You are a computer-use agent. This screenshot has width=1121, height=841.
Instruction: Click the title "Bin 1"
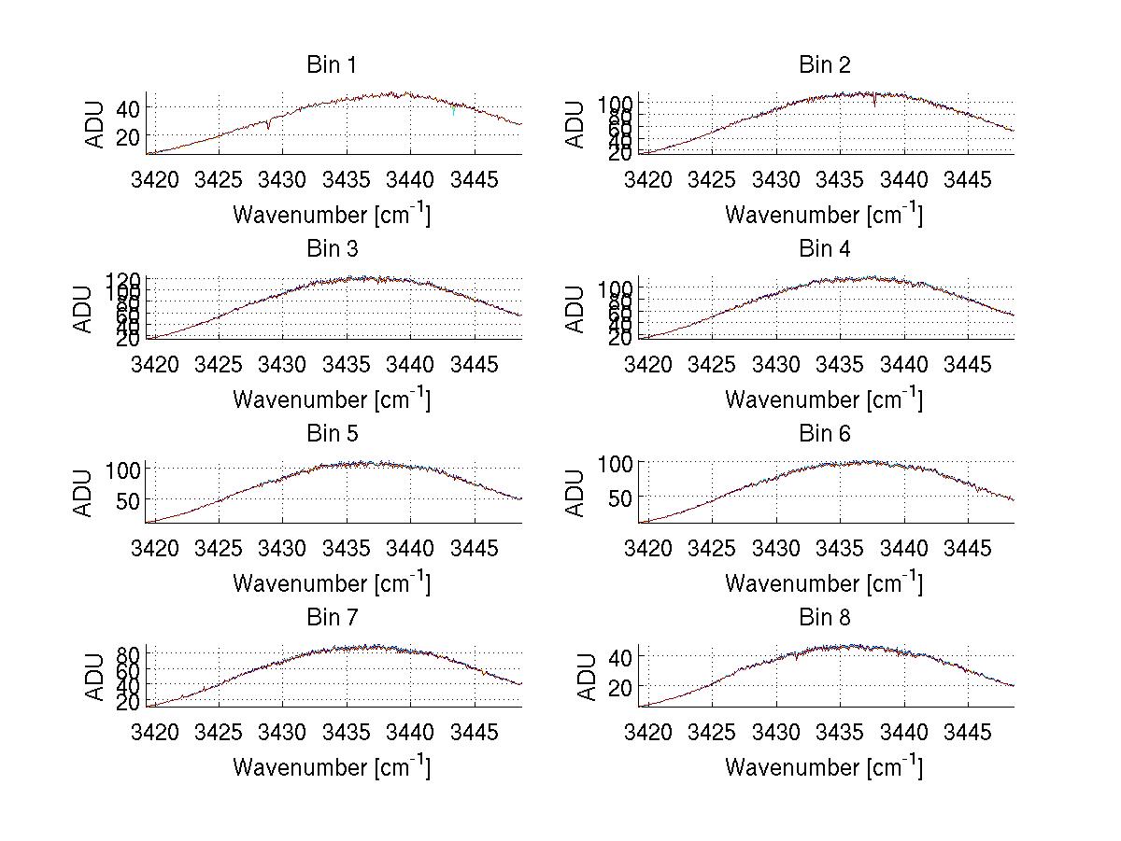click(332, 65)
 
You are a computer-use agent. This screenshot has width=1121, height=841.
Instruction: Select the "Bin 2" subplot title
click(825, 65)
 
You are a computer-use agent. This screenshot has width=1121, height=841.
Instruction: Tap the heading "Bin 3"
click(332, 249)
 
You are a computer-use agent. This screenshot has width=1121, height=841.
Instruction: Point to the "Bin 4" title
click(825, 249)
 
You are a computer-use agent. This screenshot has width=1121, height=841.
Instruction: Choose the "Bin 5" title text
click(332, 434)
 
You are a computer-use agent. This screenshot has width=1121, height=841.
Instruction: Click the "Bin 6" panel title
click(825, 434)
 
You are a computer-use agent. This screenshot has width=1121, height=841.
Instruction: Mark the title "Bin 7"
click(332, 618)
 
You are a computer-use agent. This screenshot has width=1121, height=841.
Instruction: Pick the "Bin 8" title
click(825, 618)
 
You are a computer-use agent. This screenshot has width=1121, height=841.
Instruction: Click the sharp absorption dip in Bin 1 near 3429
click(269, 127)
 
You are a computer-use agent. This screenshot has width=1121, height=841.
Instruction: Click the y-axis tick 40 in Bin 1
click(128, 108)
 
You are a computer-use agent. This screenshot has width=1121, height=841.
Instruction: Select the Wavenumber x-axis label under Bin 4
click(824, 399)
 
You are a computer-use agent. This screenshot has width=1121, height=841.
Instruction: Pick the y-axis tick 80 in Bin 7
click(128, 653)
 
